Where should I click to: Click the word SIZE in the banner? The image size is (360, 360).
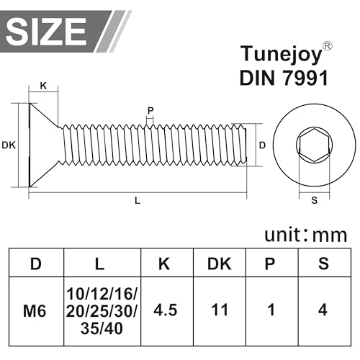coord(48,30)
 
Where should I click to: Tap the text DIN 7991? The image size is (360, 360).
coord(284,78)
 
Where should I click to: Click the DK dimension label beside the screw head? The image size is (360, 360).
coord(9,145)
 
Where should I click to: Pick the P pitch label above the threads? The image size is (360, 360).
coord(150,110)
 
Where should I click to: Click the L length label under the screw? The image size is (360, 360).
coord(137,201)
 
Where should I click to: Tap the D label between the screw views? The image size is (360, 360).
coord(262,145)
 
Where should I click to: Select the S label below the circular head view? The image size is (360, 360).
coord(314,201)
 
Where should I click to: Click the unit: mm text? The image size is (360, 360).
coord(305,234)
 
